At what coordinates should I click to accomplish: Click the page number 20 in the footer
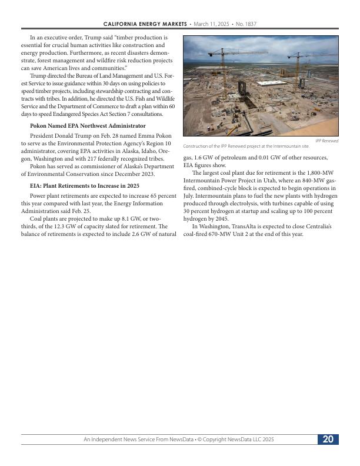pyautogui.click(x=328, y=440)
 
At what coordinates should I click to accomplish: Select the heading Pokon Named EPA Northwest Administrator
pyautogui.click(x=88, y=126)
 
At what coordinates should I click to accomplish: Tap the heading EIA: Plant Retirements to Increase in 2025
pyautogui.click(x=84, y=186)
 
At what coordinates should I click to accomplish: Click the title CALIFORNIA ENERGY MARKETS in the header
pyautogui.click(x=145, y=24)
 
